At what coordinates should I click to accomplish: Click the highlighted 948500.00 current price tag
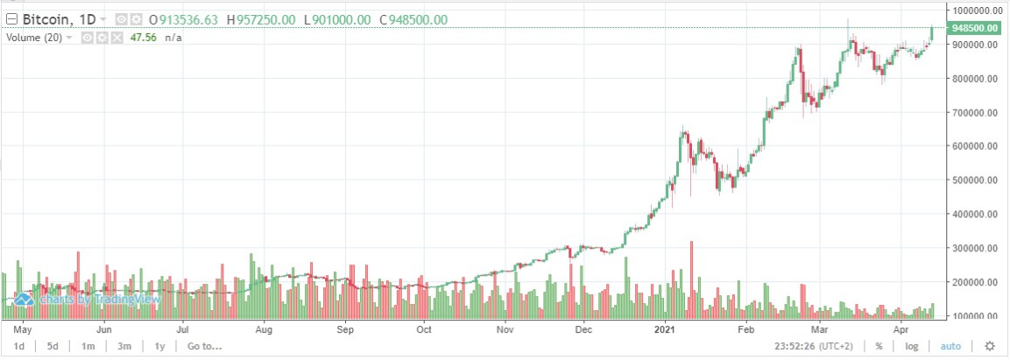[975, 28]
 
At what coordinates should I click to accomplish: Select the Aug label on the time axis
[265, 330]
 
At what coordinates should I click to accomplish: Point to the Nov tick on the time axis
[505, 330]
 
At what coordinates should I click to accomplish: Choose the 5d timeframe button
[53, 346]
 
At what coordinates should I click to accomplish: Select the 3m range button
[124, 346]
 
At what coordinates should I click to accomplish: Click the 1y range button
[159, 346]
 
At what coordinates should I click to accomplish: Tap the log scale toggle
[912, 346]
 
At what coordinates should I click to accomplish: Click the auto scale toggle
[950, 346]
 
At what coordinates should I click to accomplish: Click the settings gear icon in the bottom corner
[989, 346]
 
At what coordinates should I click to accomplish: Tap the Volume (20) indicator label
[34, 38]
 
